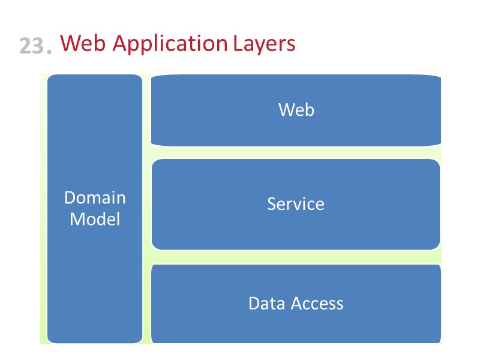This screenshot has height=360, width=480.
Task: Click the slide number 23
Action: (32, 46)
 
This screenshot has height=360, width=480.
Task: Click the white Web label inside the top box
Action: (296, 109)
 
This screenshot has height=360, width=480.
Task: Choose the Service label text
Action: (296, 204)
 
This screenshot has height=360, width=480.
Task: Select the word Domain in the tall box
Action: (95, 197)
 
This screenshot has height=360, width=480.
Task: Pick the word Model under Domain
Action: (95, 219)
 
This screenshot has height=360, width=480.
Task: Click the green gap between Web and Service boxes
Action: (296, 152)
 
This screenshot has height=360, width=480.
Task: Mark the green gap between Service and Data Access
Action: (296, 257)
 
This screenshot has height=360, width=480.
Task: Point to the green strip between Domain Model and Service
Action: (147, 204)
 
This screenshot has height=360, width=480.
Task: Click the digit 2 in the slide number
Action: (26, 46)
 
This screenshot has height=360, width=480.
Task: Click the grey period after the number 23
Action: (50, 52)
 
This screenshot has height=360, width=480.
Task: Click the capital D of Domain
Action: (70, 197)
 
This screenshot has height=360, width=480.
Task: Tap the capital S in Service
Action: (272, 204)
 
